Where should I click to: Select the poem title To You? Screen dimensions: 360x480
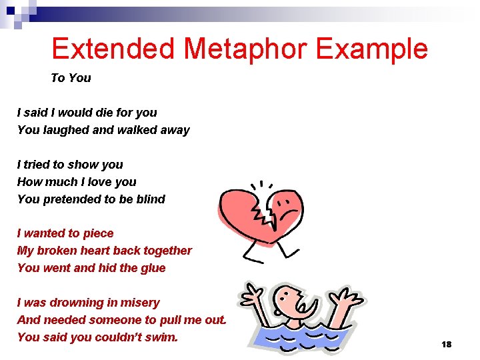(71, 78)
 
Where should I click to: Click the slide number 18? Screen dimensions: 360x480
(446, 344)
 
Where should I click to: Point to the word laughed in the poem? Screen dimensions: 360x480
(66, 130)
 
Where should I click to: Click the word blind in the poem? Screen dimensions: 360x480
(150, 199)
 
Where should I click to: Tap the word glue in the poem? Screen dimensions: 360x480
(153, 268)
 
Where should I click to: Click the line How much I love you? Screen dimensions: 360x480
(77, 182)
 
